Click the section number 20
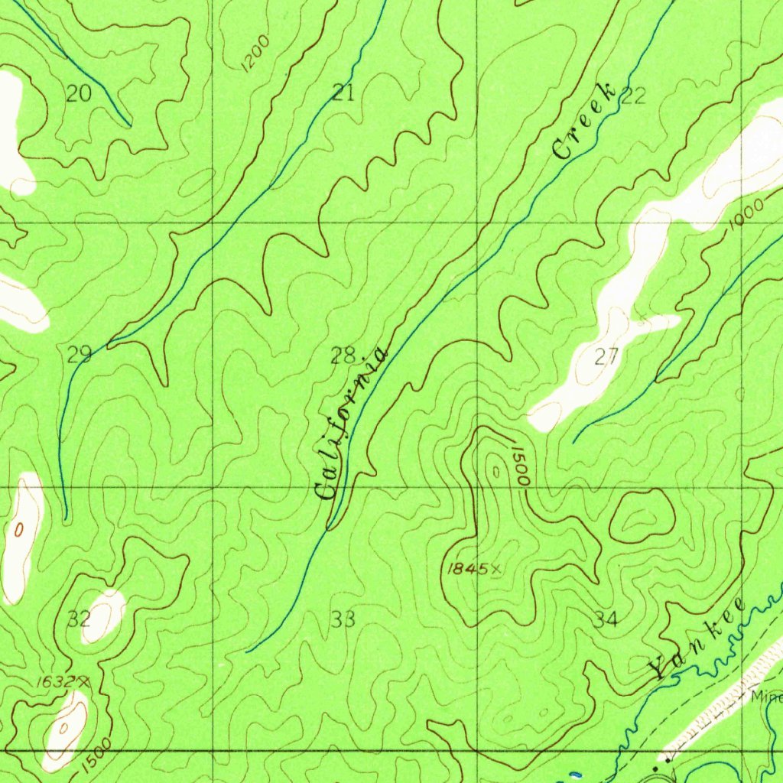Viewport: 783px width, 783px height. point(79,94)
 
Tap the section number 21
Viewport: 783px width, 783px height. point(343,94)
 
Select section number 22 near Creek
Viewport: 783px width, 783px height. point(633,96)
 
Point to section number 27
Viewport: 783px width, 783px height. point(606,356)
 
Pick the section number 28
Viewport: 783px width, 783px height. point(344,355)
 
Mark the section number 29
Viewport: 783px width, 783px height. point(80,354)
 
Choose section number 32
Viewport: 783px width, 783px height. point(79,619)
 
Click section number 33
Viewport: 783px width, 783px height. point(343,619)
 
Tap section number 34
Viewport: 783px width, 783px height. point(606,619)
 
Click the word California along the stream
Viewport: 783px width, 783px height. point(352,424)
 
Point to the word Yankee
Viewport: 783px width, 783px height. point(697,638)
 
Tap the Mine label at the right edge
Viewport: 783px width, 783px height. point(765,697)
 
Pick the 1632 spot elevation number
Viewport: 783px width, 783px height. point(56,681)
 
